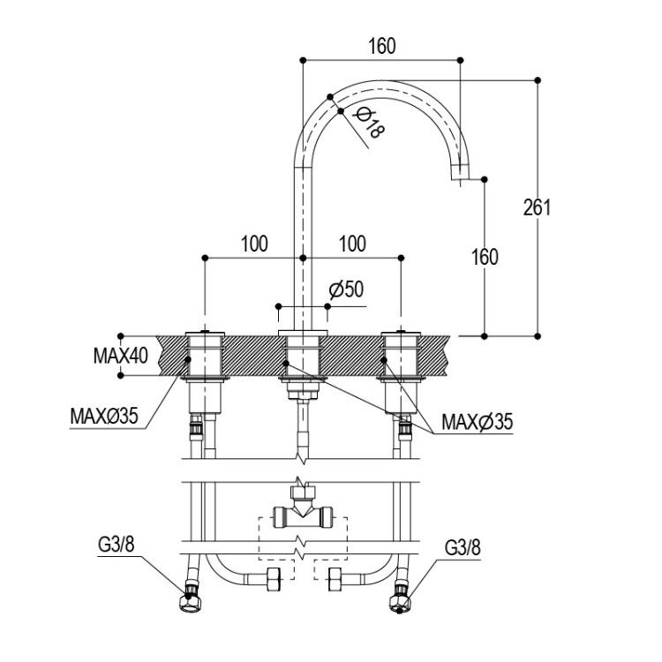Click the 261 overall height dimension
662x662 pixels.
point(537,207)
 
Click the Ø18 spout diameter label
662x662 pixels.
point(370,123)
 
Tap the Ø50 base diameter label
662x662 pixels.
point(346,290)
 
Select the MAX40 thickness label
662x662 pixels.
point(121,356)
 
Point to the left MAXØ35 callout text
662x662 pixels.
point(104,417)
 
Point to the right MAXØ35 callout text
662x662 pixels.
point(477,421)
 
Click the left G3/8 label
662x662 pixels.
point(117,545)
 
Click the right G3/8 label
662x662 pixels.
point(463,548)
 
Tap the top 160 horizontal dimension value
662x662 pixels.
point(382,46)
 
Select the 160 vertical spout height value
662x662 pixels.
point(485,257)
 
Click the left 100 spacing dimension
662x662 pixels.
point(254,244)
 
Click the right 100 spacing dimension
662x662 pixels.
point(352,244)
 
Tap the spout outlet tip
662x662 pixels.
point(460,179)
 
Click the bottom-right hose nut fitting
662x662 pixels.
point(401,598)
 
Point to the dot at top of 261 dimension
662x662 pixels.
point(538,79)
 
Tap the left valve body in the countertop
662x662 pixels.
point(205,356)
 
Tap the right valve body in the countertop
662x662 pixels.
point(401,356)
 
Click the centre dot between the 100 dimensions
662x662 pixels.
point(303,258)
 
